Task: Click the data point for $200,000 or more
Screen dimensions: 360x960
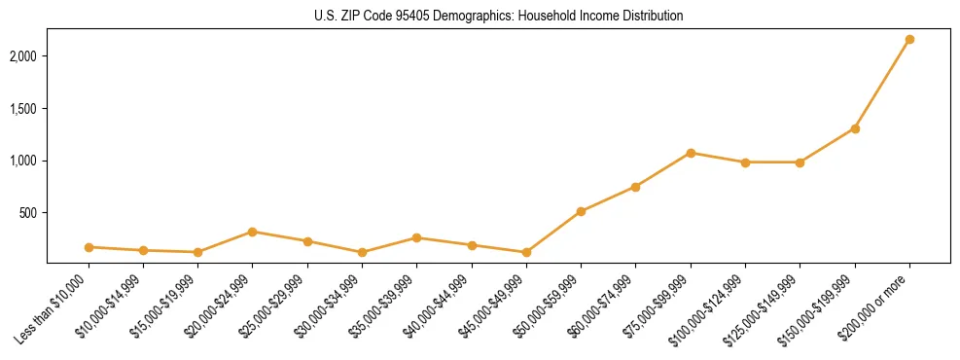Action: point(909,40)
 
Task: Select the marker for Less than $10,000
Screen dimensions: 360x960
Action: point(89,247)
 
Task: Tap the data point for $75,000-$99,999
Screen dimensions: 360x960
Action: point(691,153)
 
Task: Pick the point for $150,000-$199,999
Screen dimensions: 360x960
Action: point(855,128)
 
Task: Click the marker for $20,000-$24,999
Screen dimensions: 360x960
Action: point(253,232)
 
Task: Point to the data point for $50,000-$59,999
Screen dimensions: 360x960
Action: point(581,211)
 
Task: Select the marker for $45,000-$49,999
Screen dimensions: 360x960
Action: point(526,252)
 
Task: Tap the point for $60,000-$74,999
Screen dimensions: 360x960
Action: point(635,187)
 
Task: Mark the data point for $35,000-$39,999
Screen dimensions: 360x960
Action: point(416,237)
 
